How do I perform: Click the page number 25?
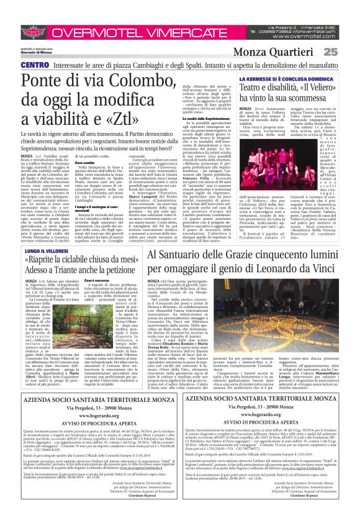click(347, 52)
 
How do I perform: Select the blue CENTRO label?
click(17, 65)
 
